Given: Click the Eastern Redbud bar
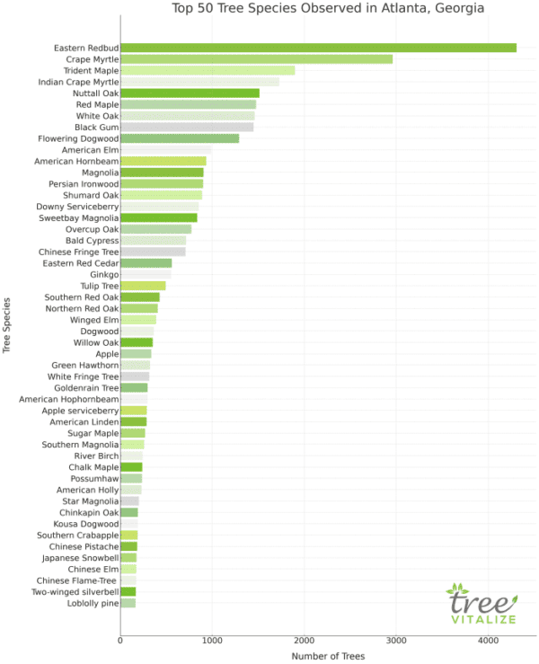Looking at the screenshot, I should coord(318,48).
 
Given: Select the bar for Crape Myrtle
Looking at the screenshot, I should coord(256,59).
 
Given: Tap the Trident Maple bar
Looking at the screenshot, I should coord(208,70).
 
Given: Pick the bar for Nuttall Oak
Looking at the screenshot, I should coord(190,93).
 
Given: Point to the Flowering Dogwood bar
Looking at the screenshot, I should coord(180,138).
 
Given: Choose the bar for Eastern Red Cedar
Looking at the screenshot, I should coord(146,263).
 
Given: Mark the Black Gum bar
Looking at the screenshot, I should coord(187,128).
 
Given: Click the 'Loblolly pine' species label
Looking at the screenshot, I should coord(94,603).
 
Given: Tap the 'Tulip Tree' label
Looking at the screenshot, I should coord(98,286).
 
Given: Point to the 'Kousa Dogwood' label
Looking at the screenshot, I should coord(87,524).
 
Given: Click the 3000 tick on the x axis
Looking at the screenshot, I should coord(395,640).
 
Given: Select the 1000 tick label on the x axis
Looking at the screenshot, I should coord(212,640).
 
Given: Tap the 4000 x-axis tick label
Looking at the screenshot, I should coord(487,640).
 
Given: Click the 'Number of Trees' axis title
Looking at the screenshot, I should coord(328,656).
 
